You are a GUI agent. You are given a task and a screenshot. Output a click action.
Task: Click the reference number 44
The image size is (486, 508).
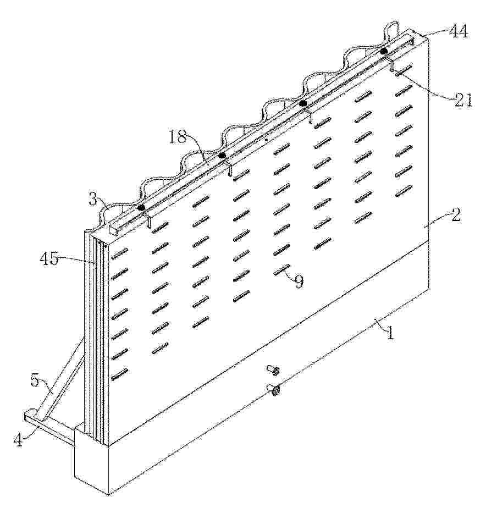[x=458, y=32]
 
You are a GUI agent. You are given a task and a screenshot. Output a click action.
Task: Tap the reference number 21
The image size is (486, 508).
[x=462, y=101]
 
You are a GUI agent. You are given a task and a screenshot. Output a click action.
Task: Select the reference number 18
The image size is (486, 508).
[x=177, y=138]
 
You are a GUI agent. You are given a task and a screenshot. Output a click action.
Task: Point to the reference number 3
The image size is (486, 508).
[x=93, y=200]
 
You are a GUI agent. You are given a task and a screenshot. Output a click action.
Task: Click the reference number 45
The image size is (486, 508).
[x=49, y=259]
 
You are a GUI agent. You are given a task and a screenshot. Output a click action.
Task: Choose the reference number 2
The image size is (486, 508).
[x=456, y=215]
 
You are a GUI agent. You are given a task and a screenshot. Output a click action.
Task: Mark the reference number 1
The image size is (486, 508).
[x=391, y=333]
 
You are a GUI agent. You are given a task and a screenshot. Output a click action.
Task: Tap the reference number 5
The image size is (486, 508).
[x=35, y=380]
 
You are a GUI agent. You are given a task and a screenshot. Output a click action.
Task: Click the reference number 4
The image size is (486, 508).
[x=19, y=440]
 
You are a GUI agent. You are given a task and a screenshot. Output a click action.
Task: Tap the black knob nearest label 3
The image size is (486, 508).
[x=141, y=207]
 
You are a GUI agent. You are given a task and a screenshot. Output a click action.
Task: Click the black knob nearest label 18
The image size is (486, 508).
[x=222, y=156]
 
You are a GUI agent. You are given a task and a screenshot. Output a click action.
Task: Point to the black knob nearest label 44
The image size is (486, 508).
[x=384, y=51]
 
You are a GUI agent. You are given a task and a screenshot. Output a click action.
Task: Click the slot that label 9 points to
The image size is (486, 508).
[x=281, y=269]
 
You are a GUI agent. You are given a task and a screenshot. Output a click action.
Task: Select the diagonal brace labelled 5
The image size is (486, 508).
[x=60, y=378]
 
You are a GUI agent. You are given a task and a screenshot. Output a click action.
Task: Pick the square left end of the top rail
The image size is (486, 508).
[x=114, y=229]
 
